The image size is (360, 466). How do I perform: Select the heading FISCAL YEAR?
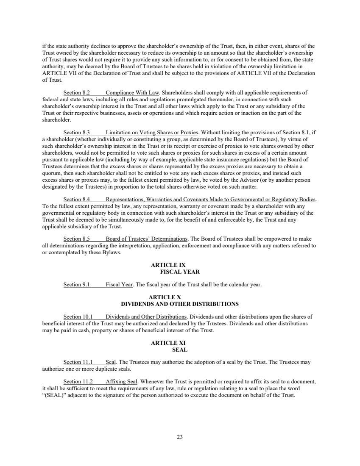pyautogui.click(x=180, y=272)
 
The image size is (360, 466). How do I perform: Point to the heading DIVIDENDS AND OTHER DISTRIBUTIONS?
pyautogui.click(x=180, y=304)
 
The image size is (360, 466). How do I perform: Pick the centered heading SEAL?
pyautogui.click(x=180, y=349)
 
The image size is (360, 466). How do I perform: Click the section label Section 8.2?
pyautogui.click(x=76, y=92)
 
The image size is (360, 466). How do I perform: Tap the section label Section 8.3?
pyautogui.click(x=76, y=132)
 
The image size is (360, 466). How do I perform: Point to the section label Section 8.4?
pyautogui.click(x=76, y=200)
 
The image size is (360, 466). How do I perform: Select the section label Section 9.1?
pyautogui.click(x=76, y=285)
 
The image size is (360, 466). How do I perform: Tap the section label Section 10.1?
pyautogui.click(x=78, y=317)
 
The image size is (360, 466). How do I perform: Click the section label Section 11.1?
pyautogui.click(x=78, y=362)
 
